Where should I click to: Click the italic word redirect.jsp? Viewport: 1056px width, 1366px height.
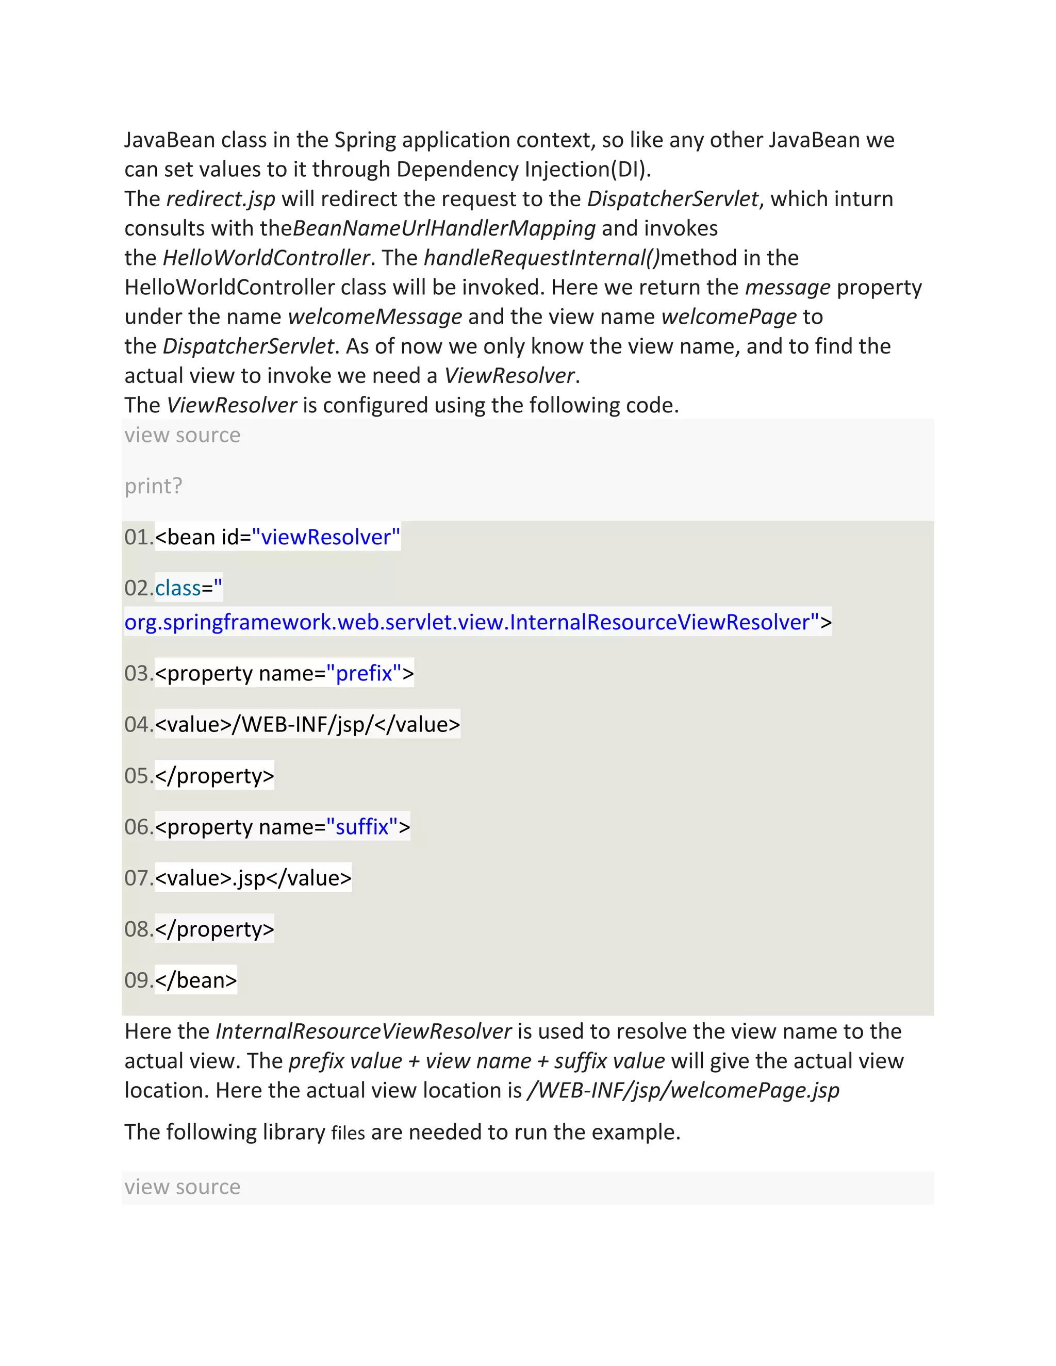221,199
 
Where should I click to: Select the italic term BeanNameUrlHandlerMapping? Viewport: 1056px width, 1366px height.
443,228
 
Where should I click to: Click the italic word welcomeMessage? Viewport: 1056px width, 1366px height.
375,316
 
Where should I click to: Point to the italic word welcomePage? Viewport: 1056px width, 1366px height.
729,316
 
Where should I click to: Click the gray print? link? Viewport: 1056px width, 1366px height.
153,486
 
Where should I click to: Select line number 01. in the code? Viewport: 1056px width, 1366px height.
139,537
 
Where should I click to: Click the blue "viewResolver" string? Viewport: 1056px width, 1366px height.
325,537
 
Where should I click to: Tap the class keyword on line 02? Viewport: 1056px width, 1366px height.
178,589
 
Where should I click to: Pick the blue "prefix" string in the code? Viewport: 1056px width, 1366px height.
364,674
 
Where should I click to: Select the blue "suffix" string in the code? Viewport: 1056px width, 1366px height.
362,827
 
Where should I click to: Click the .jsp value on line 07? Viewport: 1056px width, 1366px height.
249,878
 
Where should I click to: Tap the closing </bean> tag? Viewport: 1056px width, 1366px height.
196,980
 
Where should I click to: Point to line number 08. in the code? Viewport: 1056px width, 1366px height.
139,929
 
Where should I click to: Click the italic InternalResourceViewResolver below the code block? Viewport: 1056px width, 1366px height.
364,1031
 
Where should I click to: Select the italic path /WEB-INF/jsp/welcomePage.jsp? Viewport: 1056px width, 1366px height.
683,1090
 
